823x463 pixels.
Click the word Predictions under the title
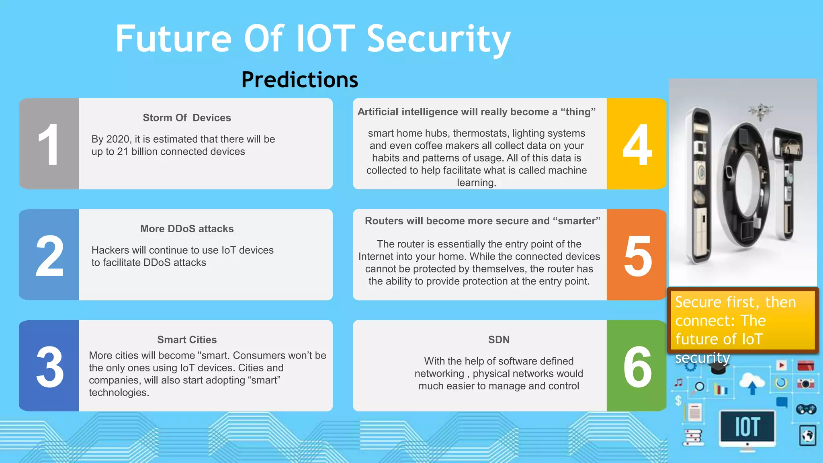point(299,80)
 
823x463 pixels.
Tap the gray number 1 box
point(49,144)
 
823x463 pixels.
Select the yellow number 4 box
point(637,144)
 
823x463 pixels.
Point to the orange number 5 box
point(637,255)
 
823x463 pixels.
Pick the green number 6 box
point(637,366)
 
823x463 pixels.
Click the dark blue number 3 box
point(49,366)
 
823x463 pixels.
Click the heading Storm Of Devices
point(187,118)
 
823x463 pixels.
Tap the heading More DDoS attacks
point(187,229)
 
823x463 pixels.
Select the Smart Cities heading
point(187,340)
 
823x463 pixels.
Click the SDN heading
point(499,340)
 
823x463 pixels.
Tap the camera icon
point(805,384)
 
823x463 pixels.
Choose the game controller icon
point(806,409)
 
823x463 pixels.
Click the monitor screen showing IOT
point(747,426)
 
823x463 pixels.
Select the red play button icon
point(781,365)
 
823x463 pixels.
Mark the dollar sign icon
point(678,400)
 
